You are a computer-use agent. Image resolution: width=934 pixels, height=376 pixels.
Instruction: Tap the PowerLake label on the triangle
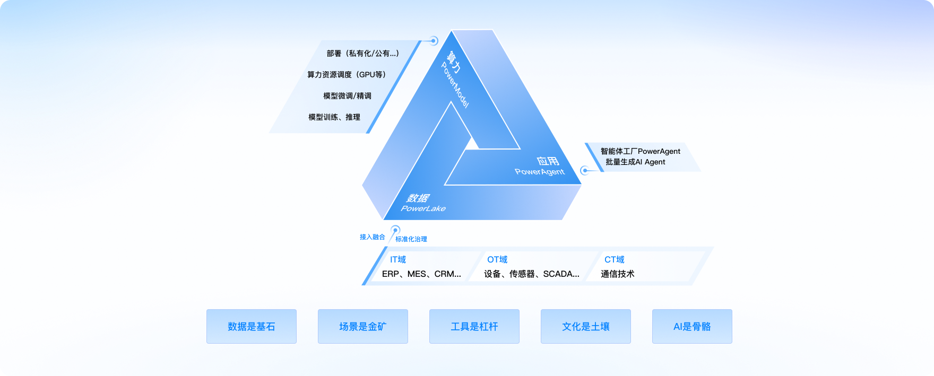[x=423, y=208]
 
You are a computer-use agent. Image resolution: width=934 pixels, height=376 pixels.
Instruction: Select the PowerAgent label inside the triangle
[x=540, y=172]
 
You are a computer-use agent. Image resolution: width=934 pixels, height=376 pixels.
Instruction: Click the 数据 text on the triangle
[x=418, y=198]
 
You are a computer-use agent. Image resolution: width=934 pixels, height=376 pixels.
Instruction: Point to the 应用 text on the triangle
[x=548, y=161]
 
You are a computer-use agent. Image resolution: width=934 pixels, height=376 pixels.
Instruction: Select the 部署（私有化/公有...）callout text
[x=362, y=54]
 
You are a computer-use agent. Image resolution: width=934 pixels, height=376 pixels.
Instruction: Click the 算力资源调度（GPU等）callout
[x=347, y=75]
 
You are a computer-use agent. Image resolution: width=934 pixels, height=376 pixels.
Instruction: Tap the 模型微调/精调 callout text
[x=347, y=96]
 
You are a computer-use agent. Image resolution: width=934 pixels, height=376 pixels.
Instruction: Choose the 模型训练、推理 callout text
[x=334, y=117]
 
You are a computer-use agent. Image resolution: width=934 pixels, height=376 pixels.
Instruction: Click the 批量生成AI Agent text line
[x=635, y=162]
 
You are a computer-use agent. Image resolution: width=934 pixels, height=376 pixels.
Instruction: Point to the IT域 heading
[x=398, y=259]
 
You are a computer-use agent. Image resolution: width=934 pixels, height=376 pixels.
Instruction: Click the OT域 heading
[x=497, y=259]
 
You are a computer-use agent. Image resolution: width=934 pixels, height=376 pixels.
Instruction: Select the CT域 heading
[x=615, y=259]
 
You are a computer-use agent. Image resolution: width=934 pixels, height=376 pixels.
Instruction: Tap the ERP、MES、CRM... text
[x=421, y=274]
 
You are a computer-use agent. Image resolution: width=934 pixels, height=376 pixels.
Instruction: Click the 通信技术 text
[x=618, y=274]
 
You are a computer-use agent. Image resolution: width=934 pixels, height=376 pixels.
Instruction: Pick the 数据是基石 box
[x=252, y=327]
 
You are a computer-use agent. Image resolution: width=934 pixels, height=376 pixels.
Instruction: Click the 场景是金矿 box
[x=363, y=327]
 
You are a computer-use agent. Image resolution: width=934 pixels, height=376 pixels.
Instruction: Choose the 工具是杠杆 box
[x=474, y=327]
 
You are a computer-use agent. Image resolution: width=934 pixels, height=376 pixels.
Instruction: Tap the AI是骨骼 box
[x=692, y=327]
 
